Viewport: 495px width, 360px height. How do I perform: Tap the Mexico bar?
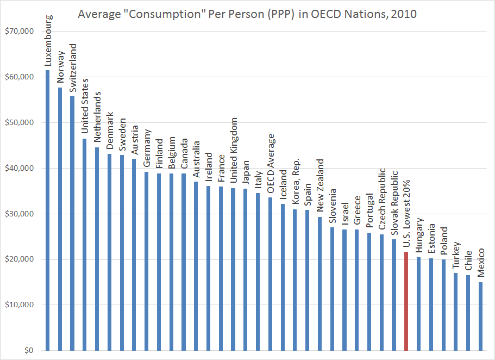[x=481, y=315]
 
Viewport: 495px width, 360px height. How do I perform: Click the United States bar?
[x=84, y=244]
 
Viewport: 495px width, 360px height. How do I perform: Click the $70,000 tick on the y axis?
[x=19, y=32]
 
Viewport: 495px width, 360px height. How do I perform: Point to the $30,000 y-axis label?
[x=19, y=214]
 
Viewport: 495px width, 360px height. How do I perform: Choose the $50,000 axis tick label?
[x=19, y=123]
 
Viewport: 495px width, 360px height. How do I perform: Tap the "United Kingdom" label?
[x=234, y=151]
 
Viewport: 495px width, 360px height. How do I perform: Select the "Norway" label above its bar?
[x=60, y=66]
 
